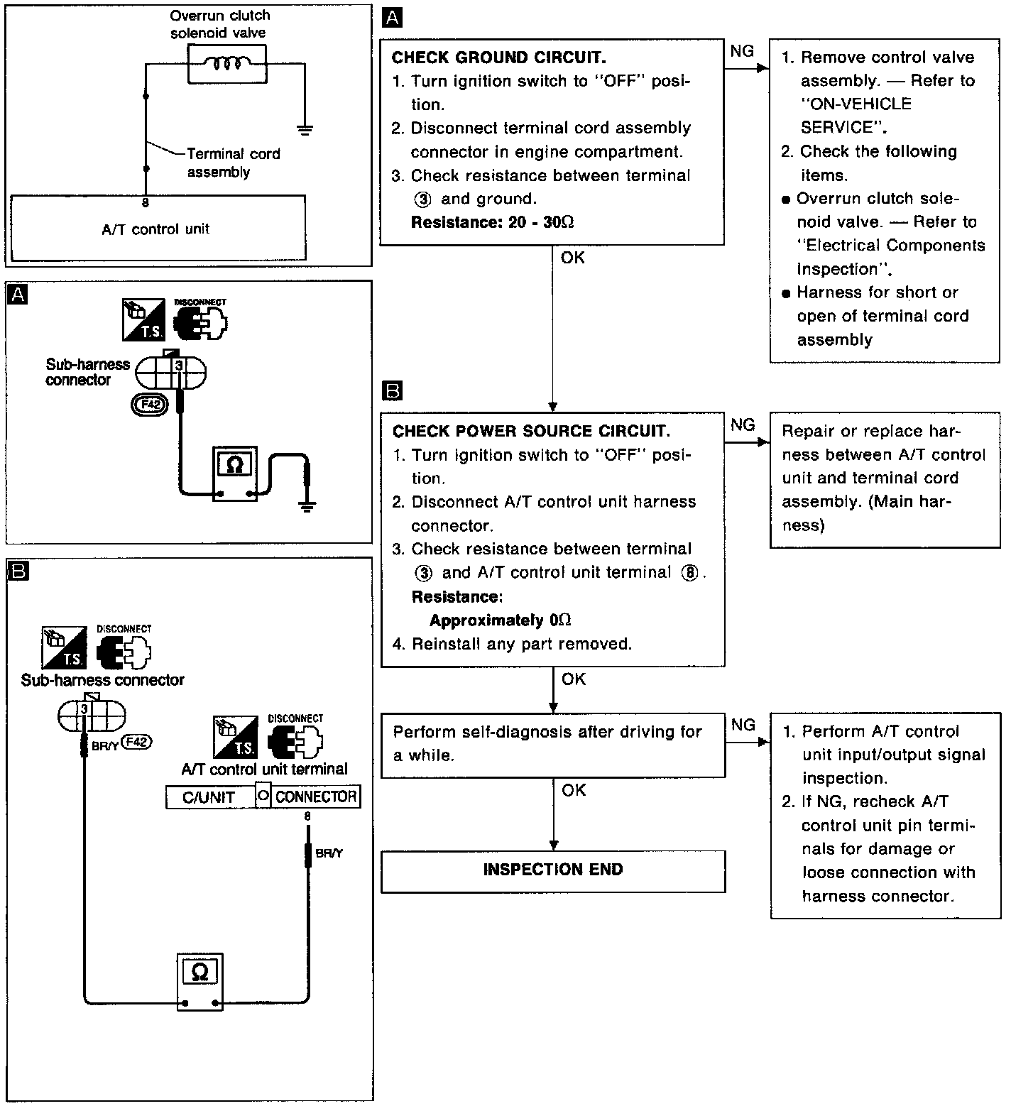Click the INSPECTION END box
(x=552, y=870)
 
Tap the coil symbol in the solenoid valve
(x=226, y=64)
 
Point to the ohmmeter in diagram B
(x=200, y=980)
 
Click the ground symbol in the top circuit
(x=305, y=129)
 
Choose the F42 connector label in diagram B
(x=138, y=743)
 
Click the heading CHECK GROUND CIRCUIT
(x=498, y=58)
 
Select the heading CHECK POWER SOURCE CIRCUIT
(x=531, y=431)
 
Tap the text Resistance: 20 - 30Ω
(x=492, y=222)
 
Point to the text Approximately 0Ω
(x=500, y=620)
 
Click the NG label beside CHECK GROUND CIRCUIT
(x=742, y=50)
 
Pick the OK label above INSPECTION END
(x=574, y=790)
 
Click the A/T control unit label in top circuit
(x=155, y=229)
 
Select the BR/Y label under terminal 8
(x=329, y=853)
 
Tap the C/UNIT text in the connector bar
(x=208, y=797)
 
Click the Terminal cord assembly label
(x=233, y=163)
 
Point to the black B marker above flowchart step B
(x=392, y=390)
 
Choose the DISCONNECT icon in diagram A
(x=202, y=319)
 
